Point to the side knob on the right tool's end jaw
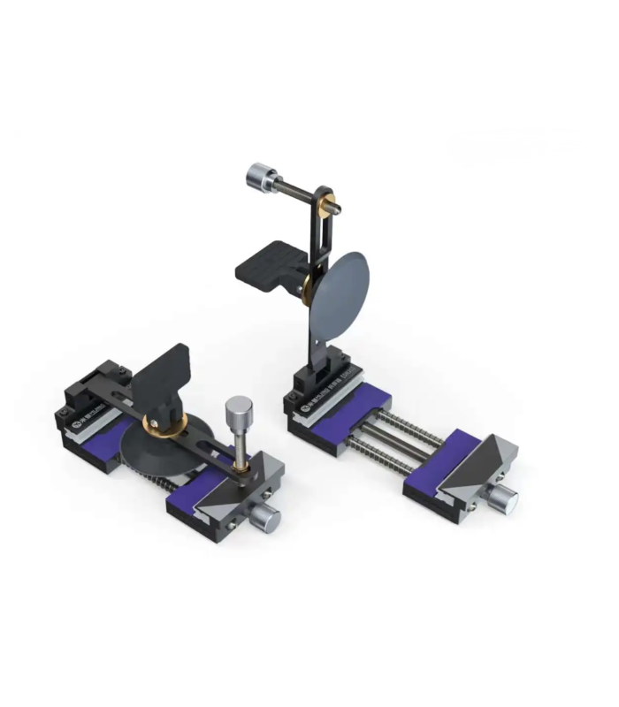pos(503,501)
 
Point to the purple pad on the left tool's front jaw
pos(191,503)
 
